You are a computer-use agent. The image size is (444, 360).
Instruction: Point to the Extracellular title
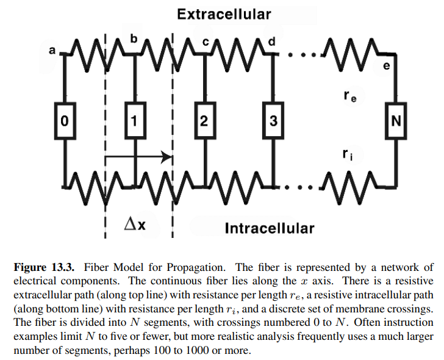[x=224, y=13]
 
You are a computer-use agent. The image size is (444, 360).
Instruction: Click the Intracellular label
[x=270, y=229]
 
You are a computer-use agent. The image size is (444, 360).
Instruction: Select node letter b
[x=134, y=38]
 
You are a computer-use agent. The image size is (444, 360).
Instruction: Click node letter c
[x=206, y=41]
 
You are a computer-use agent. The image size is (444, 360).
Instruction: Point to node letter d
[x=271, y=41]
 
